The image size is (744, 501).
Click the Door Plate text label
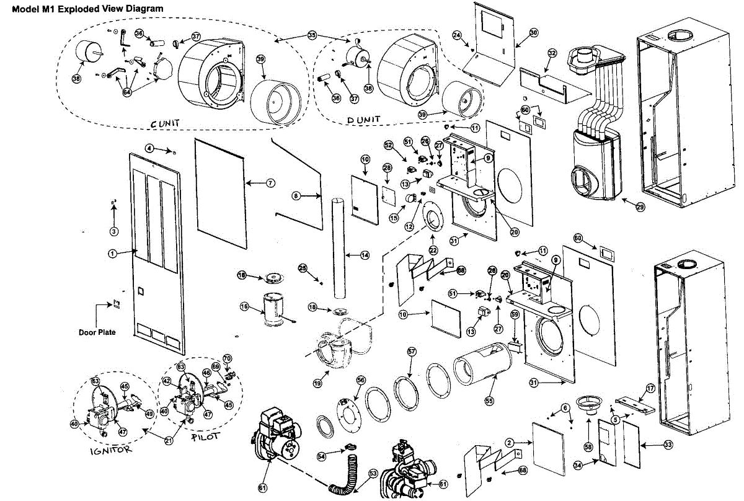[x=97, y=332]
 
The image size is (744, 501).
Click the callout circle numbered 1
[x=112, y=253]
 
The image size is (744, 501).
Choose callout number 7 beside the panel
[x=270, y=183]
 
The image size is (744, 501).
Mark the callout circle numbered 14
[x=365, y=254]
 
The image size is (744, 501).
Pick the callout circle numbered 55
[x=489, y=401]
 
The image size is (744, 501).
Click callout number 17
[x=650, y=388]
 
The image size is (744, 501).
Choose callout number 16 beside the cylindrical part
[x=244, y=306]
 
